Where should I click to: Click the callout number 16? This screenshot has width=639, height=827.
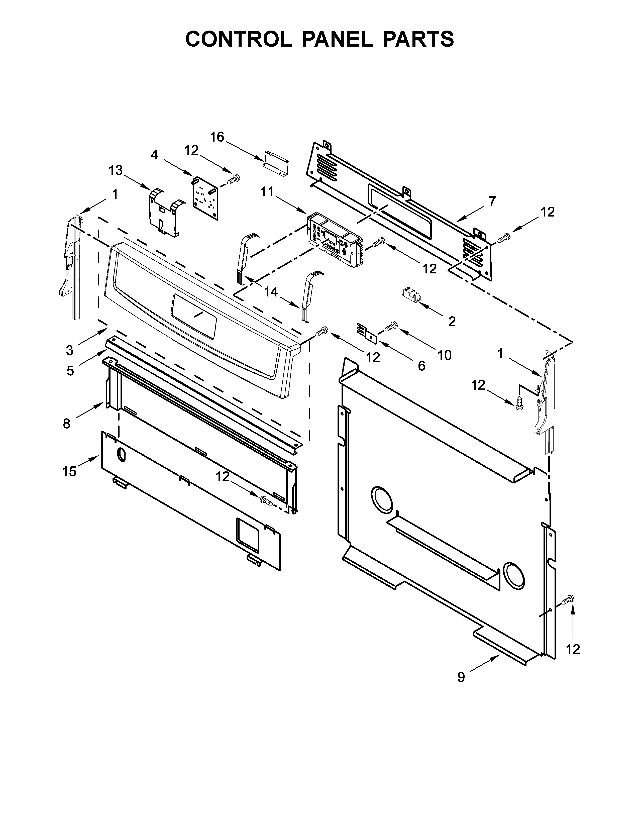click(x=217, y=137)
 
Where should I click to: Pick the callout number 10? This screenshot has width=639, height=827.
click(x=445, y=355)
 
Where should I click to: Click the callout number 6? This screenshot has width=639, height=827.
click(x=421, y=366)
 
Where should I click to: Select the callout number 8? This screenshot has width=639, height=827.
click(x=67, y=423)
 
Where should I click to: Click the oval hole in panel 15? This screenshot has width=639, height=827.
click(x=121, y=455)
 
